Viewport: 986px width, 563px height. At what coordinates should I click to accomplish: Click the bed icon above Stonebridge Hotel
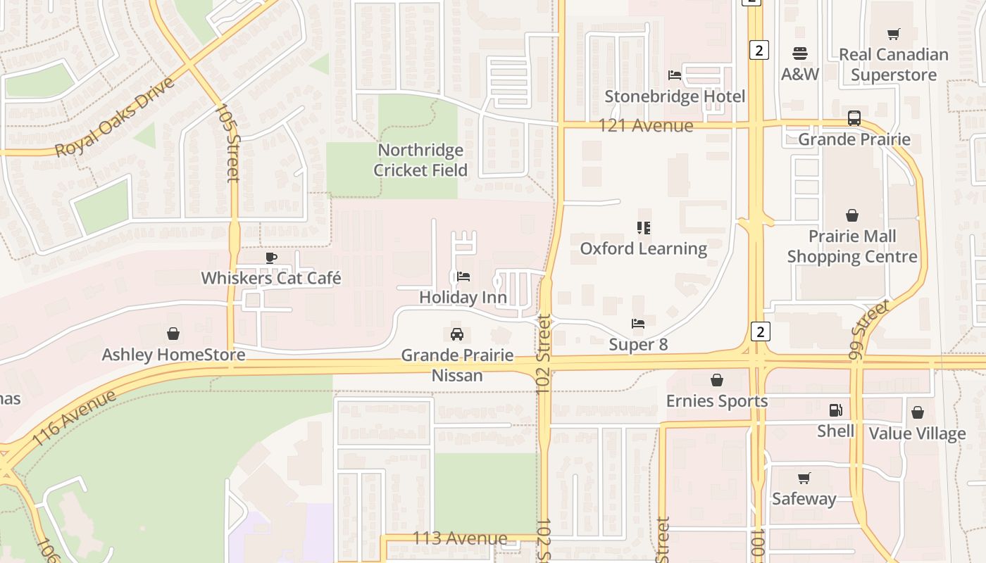674,75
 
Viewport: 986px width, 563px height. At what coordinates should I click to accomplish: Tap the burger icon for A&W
800,53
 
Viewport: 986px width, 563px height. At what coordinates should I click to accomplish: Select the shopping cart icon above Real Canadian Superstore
894,34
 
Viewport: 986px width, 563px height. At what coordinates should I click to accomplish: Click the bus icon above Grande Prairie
854,118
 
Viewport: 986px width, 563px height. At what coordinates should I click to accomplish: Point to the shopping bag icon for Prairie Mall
852,215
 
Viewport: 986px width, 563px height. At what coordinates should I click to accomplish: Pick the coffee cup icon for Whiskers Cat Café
271,258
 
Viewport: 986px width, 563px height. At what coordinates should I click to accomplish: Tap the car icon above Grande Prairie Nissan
457,334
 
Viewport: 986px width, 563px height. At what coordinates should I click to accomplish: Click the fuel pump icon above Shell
836,410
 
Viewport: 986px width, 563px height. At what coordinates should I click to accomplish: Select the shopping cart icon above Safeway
804,479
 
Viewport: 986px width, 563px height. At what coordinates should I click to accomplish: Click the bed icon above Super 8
638,324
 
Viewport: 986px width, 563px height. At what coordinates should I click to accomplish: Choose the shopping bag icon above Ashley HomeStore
173,334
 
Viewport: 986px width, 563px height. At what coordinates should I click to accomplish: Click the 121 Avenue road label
646,126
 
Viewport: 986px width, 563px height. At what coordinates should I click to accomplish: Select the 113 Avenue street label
460,538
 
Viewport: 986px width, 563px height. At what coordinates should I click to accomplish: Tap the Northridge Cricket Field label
420,160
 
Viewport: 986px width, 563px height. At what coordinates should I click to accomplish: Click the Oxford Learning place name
644,248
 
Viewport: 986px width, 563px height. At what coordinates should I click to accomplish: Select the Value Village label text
917,434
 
